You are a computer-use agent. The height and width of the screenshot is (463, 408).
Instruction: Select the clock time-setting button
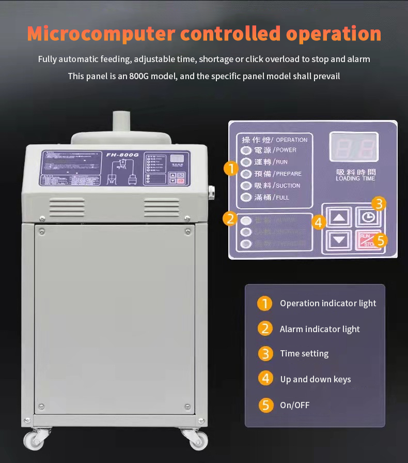click(x=368, y=217)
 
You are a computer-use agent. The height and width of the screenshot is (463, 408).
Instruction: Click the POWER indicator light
click(x=246, y=151)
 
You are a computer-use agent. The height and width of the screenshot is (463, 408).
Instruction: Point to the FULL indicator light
click(x=246, y=197)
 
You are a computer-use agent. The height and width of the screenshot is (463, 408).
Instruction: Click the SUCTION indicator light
click(x=246, y=186)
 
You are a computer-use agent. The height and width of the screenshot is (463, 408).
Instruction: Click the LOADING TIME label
click(x=355, y=178)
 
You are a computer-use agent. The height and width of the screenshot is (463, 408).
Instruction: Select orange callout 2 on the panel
click(x=230, y=219)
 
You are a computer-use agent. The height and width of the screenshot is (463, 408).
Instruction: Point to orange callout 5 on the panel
click(x=381, y=241)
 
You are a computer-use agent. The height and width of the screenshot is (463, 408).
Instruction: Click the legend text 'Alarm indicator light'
click(x=320, y=329)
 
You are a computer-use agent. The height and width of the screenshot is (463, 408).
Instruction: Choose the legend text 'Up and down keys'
click(x=315, y=379)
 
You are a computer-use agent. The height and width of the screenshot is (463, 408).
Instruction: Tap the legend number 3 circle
click(x=265, y=354)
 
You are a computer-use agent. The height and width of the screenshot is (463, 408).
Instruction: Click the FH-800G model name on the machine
click(x=120, y=154)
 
